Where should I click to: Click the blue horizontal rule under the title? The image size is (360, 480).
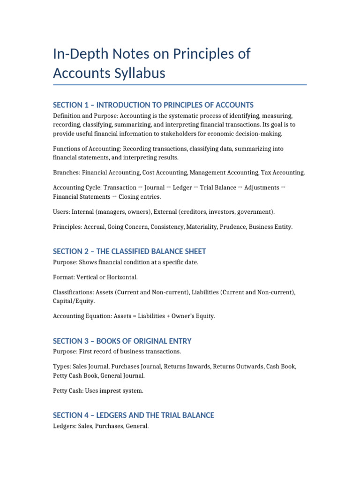[x=180, y=85]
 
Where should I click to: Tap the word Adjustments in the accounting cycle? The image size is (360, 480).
[x=262, y=187]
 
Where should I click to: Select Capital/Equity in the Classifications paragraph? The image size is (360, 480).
[x=74, y=301]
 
